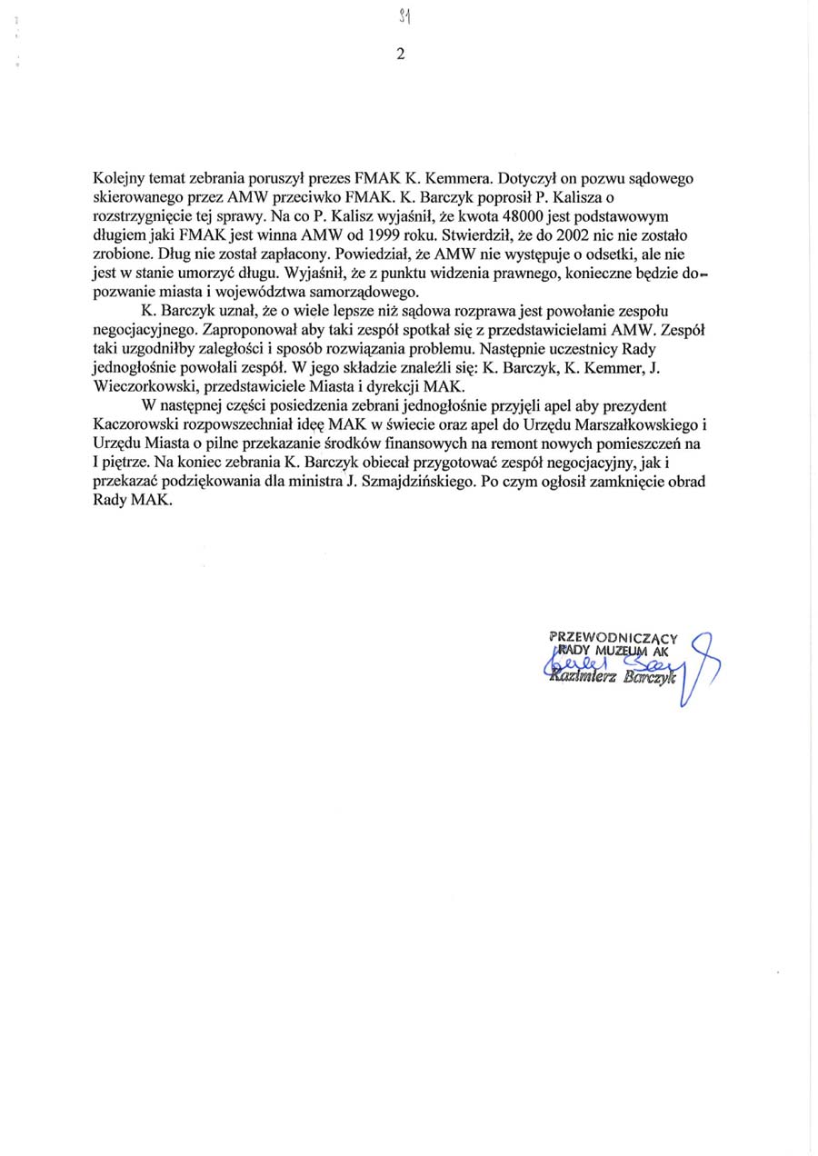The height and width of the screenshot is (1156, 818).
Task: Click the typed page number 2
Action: click(400, 53)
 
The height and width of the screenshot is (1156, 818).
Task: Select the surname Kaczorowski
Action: click(142, 424)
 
